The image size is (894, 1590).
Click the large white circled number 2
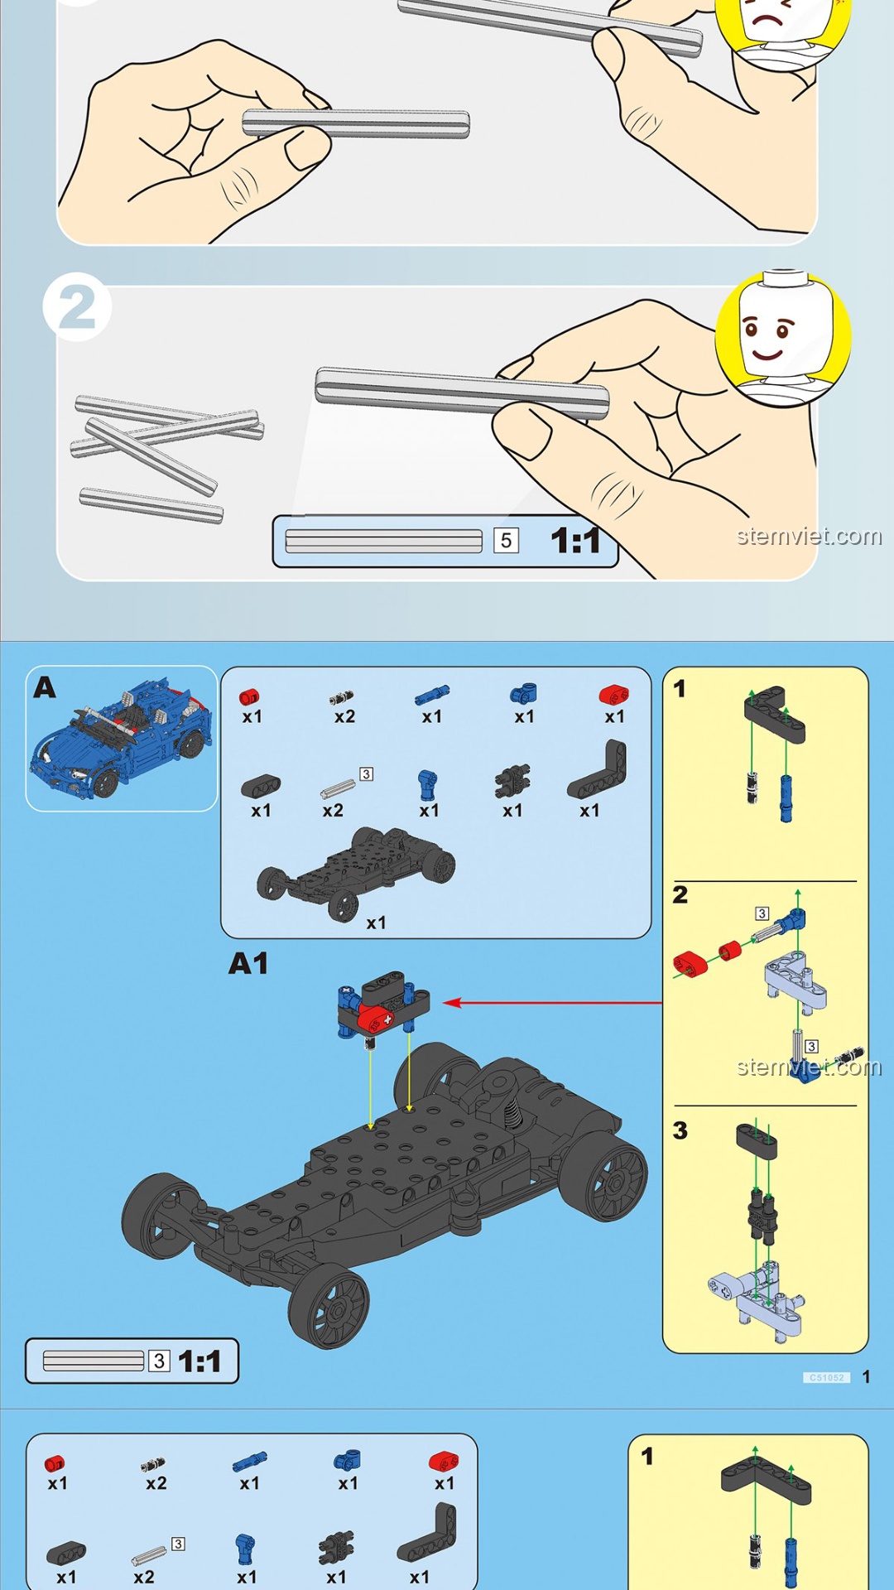tap(77, 308)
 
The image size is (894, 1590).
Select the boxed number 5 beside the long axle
tap(506, 541)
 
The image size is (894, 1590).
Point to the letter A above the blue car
tap(45, 687)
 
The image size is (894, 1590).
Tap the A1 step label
tap(248, 963)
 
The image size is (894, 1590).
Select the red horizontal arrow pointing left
tap(553, 1003)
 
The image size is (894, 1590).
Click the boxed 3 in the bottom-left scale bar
tap(159, 1361)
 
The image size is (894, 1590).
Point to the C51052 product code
tap(826, 1377)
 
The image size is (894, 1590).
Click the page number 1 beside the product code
tap(866, 1376)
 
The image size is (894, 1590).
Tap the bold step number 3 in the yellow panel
tap(680, 1130)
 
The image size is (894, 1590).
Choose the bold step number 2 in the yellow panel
tap(680, 894)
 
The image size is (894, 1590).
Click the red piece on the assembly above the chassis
tap(377, 1018)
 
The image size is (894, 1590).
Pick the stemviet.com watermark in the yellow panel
tap(809, 1067)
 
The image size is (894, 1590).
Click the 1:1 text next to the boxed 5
tap(575, 541)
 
